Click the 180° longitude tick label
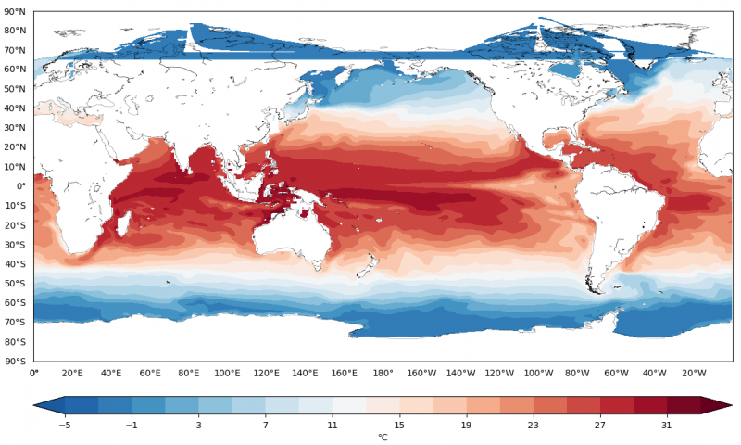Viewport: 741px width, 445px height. point(383,373)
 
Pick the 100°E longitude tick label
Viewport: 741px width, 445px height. point(228,373)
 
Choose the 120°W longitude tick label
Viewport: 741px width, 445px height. point(500,373)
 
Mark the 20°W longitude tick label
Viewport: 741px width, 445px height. point(694,373)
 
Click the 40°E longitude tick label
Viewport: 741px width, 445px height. point(111,373)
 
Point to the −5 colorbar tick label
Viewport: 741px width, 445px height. point(65,425)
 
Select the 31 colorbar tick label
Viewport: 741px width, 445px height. point(667,425)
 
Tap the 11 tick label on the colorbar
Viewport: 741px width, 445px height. point(332,425)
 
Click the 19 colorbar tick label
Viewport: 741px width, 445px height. point(466,425)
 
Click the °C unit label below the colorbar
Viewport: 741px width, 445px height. point(383,437)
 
